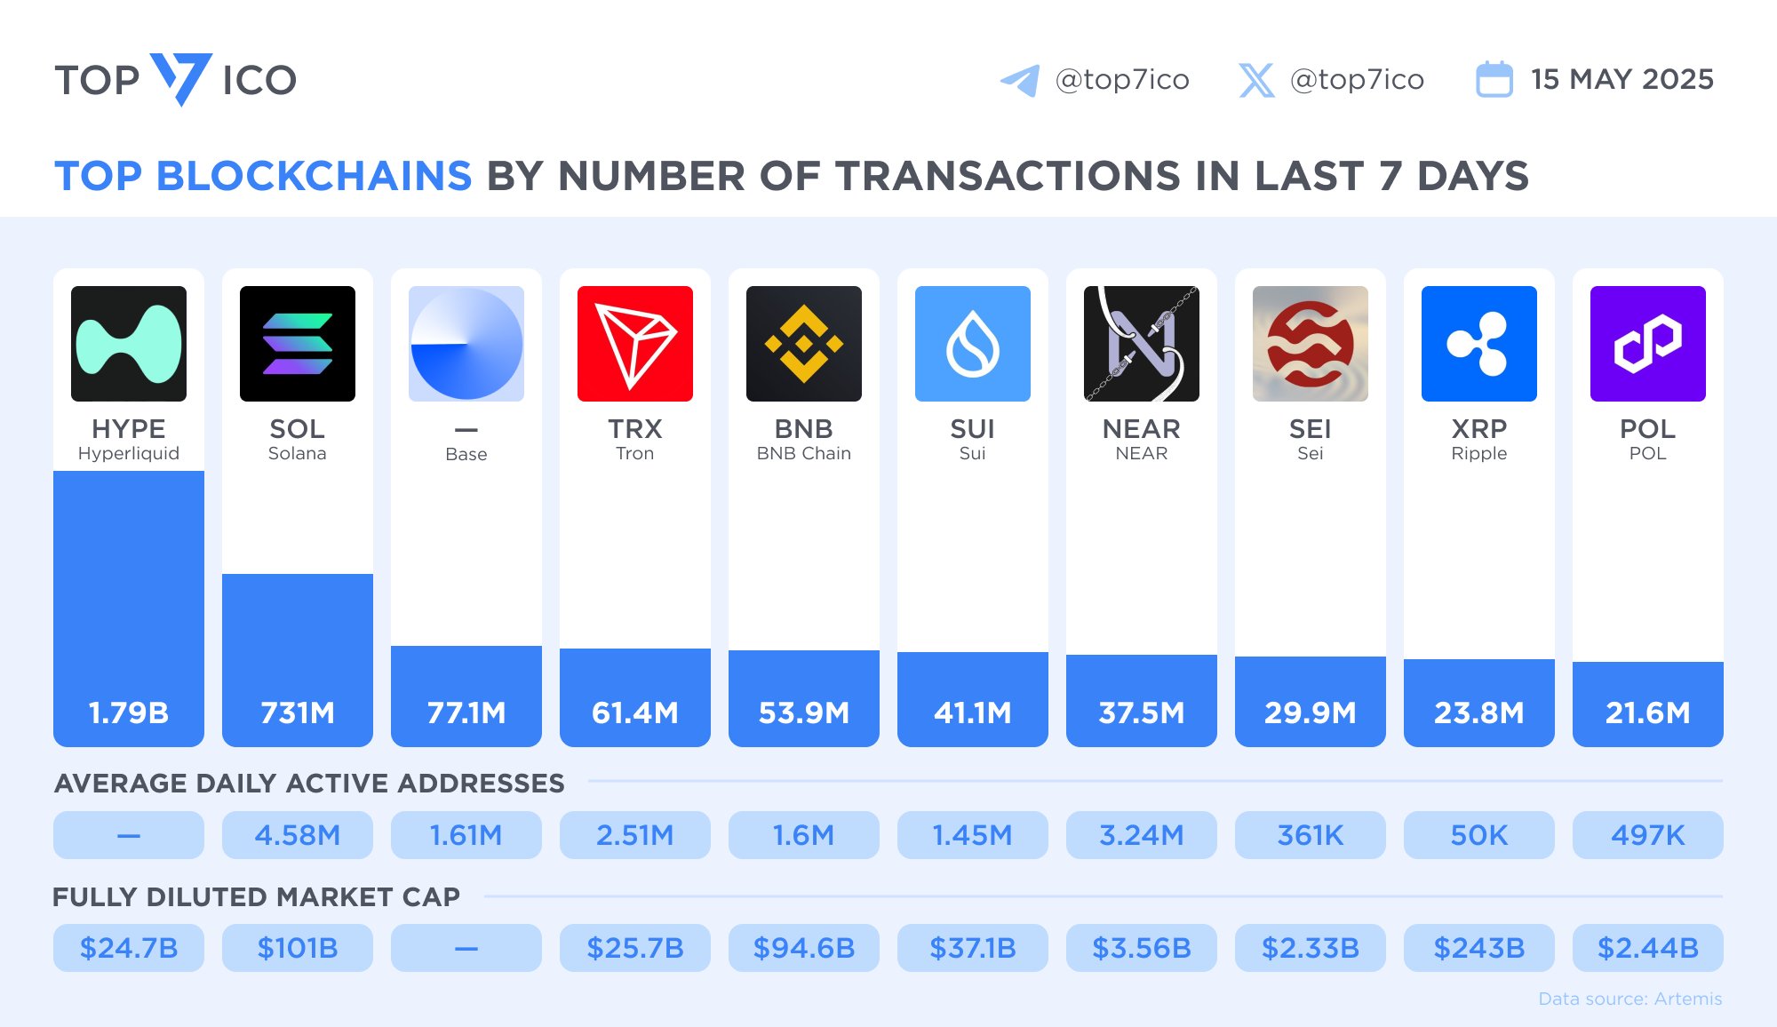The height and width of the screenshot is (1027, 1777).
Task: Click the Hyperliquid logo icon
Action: [129, 344]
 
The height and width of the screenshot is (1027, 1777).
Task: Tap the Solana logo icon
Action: [298, 344]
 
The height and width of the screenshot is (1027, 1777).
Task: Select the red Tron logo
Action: [635, 344]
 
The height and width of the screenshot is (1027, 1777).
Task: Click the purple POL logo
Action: [1648, 344]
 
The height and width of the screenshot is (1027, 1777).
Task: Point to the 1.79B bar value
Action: [129, 713]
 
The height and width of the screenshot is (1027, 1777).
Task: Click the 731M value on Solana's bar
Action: [298, 713]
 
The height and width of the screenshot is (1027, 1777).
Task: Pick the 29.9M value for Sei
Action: [1311, 713]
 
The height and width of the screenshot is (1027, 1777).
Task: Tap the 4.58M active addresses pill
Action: [298, 835]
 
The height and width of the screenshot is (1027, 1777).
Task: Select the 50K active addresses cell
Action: [1479, 835]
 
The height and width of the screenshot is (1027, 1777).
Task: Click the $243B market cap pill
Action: [1479, 948]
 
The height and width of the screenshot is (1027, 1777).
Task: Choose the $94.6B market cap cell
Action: [804, 948]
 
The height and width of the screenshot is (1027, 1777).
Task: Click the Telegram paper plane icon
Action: [1020, 80]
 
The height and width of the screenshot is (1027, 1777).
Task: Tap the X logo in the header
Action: [1256, 80]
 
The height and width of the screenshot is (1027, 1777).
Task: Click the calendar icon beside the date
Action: [1494, 80]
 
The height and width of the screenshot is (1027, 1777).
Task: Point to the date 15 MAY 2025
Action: [1622, 79]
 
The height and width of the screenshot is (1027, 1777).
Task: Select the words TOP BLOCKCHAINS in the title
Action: [263, 176]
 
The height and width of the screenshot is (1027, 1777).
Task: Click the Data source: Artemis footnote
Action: [1630, 999]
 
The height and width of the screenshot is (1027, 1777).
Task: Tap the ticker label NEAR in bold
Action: [1142, 429]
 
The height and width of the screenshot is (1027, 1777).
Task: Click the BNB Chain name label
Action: [804, 454]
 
